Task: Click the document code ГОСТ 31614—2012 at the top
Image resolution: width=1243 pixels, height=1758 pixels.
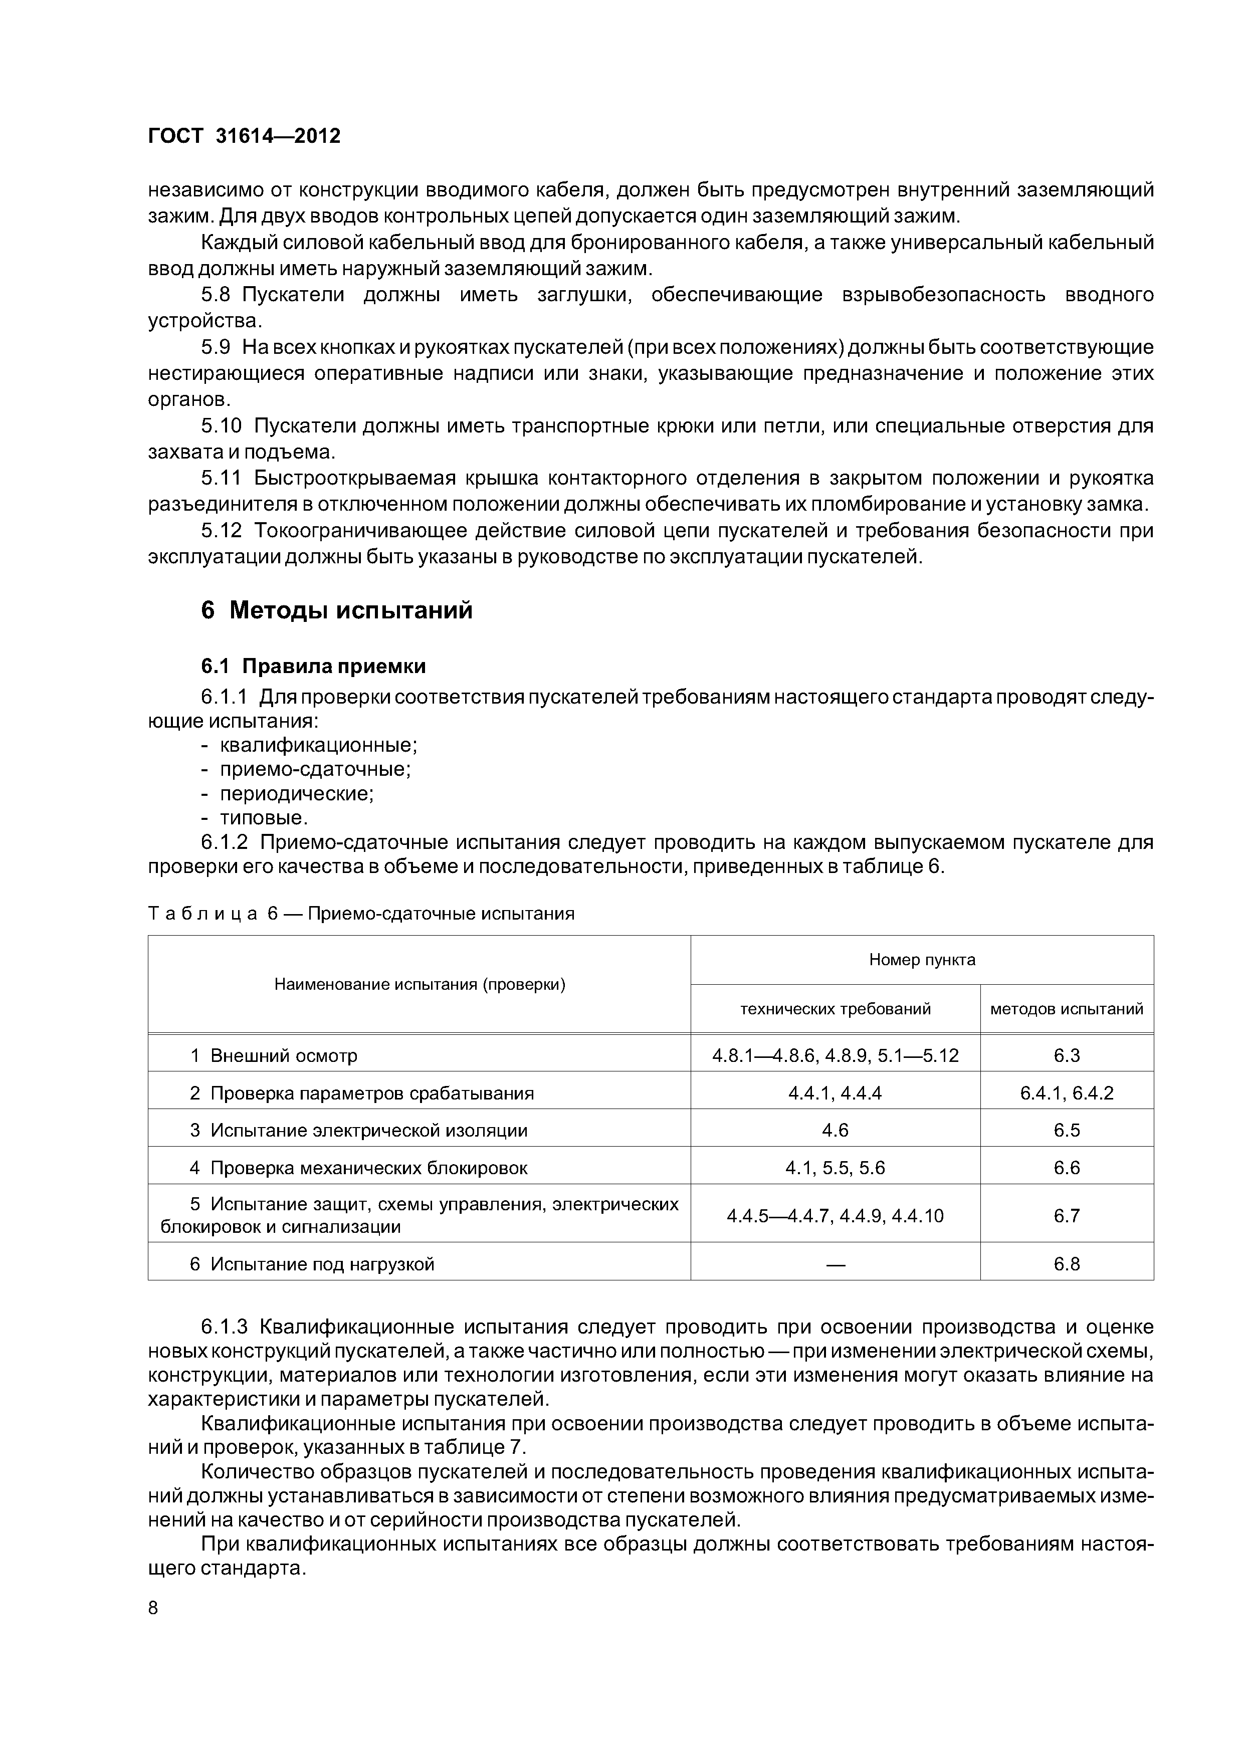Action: click(x=244, y=136)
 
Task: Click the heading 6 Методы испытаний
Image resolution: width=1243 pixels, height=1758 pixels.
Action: click(x=337, y=611)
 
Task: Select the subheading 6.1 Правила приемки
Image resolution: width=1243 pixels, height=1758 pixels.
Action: click(x=313, y=666)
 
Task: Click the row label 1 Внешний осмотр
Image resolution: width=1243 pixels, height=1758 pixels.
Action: click(x=274, y=1056)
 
